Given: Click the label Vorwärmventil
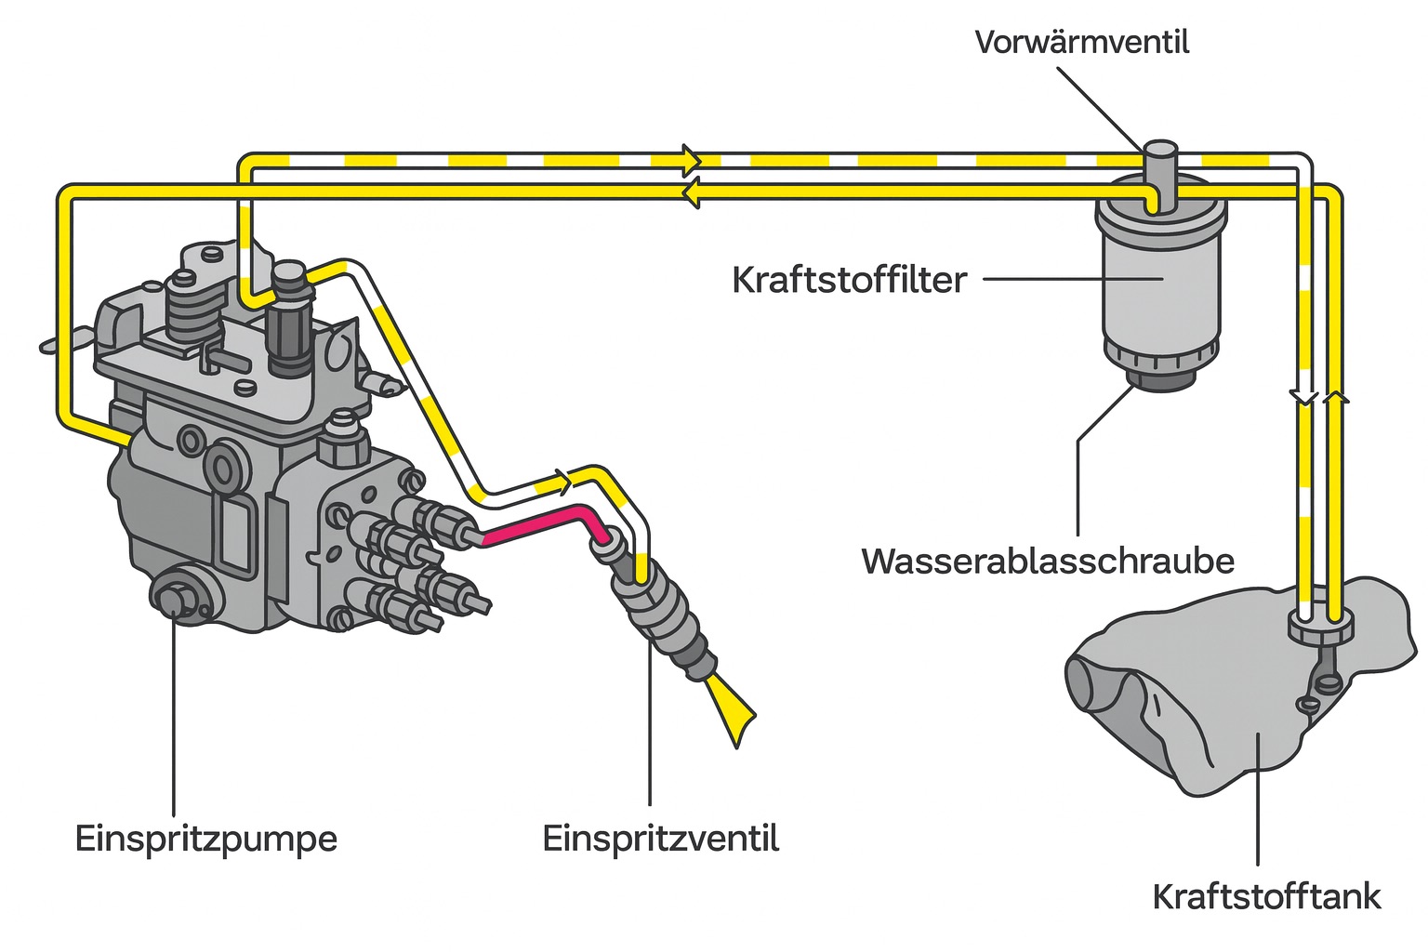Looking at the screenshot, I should pyautogui.click(x=1081, y=43).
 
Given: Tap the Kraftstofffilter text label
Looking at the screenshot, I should pyautogui.click(x=849, y=280).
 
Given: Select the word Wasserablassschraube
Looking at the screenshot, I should pyautogui.click(x=1048, y=561).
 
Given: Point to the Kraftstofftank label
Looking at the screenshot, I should pyautogui.click(x=1266, y=897).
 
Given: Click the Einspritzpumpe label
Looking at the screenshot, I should pyautogui.click(x=205, y=839).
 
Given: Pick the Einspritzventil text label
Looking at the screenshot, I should pyautogui.click(x=660, y=839).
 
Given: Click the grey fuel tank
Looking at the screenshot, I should pyautogui.click(x=1236, y=707).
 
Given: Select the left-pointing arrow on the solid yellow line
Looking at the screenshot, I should pyautogui.click(x=690, y=192).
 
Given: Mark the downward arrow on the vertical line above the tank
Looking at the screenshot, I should pyautogui.click(x=1303, y=397).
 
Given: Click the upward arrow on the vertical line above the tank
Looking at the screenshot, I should pyautogui.click(x=1335, y=397).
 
